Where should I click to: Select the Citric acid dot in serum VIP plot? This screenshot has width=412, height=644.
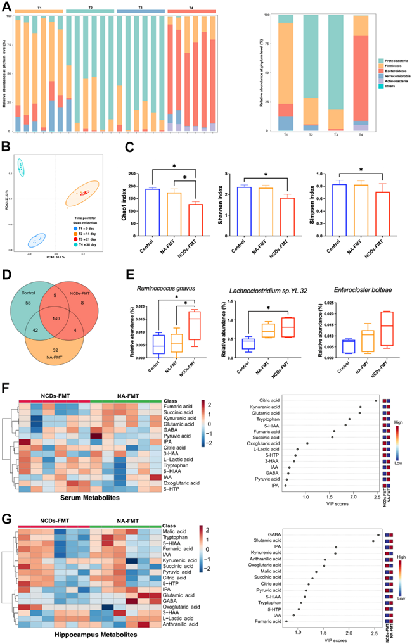click(x=376, y=400)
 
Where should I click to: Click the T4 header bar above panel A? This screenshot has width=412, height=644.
click(x=192, y=11)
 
